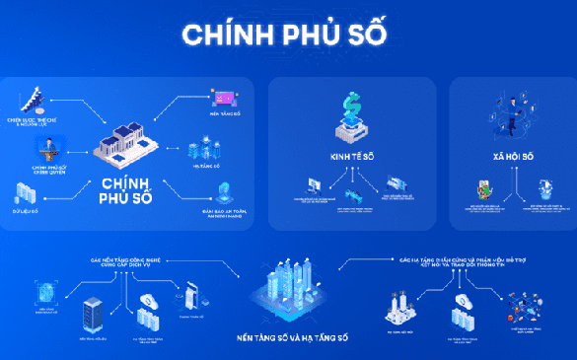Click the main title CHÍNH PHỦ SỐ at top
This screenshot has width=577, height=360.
point(289,33)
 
